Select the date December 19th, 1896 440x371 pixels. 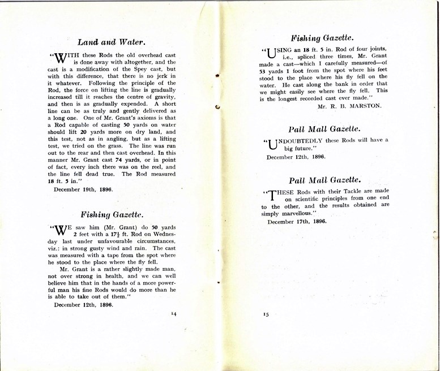83,189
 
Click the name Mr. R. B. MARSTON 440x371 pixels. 351,106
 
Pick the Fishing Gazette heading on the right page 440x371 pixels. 322,38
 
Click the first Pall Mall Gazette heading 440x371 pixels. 322,129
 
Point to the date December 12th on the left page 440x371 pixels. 83,304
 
